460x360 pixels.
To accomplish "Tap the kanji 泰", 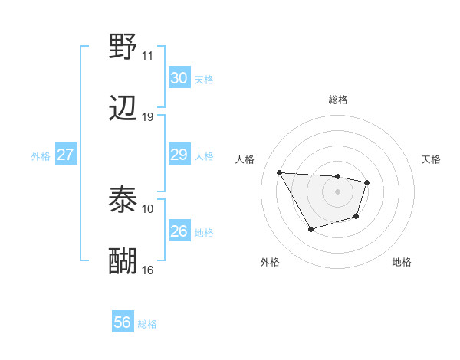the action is pyautogui.click(x=123, y=200).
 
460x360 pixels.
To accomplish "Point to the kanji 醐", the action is pyautogui.click(x=123, y=261).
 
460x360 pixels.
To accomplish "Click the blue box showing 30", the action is pyautogui.click(x=179, y=78).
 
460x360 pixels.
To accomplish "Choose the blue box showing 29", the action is pyautogui.click(x=179, y=155).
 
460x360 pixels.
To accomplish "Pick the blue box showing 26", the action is pyautogui.click(x=179, y=231).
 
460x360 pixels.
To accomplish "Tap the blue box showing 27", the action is pyautogui.click(x=65, y=155).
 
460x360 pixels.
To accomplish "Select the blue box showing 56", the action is pyautogui.click(x=122, y=323).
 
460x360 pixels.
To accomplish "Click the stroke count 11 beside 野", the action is pyautogui.click(x=147, y=56).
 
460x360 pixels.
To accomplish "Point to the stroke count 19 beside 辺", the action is pyautogui.click(x=147, y=117).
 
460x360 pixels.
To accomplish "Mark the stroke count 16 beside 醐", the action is pyautogui.click(x=147, y=270).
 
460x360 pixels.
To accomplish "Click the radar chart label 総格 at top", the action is pyautogui.click(x=338, y=100).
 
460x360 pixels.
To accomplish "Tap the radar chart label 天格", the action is pyautogui.click(x=432, y=159).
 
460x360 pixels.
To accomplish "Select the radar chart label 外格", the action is pyautogui.click(x=270, y=262).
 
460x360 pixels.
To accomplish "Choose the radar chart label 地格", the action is pyautogui.click(x=402, y=262).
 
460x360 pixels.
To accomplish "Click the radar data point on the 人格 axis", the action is pyautogui.click(x=279, y=172).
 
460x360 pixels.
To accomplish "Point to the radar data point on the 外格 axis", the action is pyautogui.click(x=310, y=229).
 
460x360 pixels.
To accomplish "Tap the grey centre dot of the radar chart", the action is pyautogui.click(x=338, y=191).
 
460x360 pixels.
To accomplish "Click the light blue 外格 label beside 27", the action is pyautogui.click(x=41, y=155).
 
